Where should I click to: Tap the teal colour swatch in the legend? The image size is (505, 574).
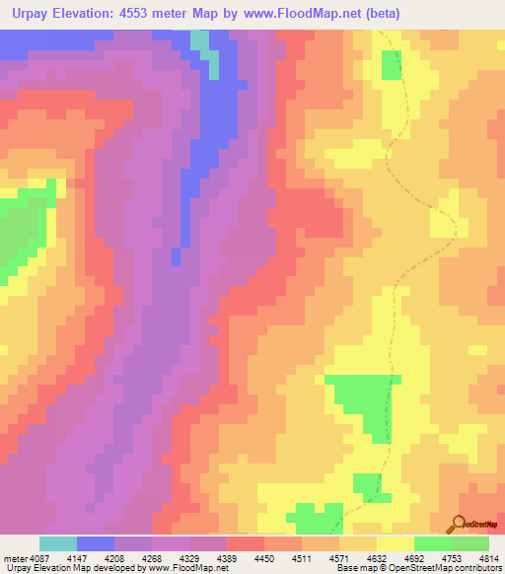click(x=57, y=543)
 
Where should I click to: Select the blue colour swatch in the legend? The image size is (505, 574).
click(x=96, y=543)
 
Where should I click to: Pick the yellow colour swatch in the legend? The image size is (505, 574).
click(x=395, y=543)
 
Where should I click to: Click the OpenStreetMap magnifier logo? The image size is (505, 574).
click(x=459, y=524)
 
